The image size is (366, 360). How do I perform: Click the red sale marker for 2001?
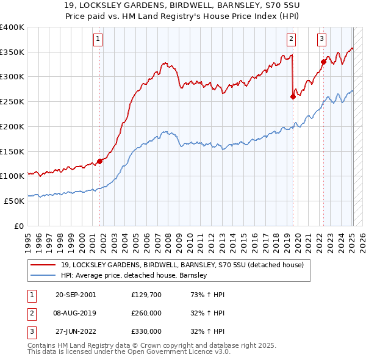[x=100, y=161]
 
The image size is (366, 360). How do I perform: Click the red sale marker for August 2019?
[x=293, y=96]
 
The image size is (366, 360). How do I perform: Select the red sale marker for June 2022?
[x=324, y=62]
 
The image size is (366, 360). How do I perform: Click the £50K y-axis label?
[x=14, y=200]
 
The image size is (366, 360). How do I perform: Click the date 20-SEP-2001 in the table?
[x=76, y=295]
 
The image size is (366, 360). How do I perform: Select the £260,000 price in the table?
[x=146, y=313]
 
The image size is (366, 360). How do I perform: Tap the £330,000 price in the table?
[x=146, y=331]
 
